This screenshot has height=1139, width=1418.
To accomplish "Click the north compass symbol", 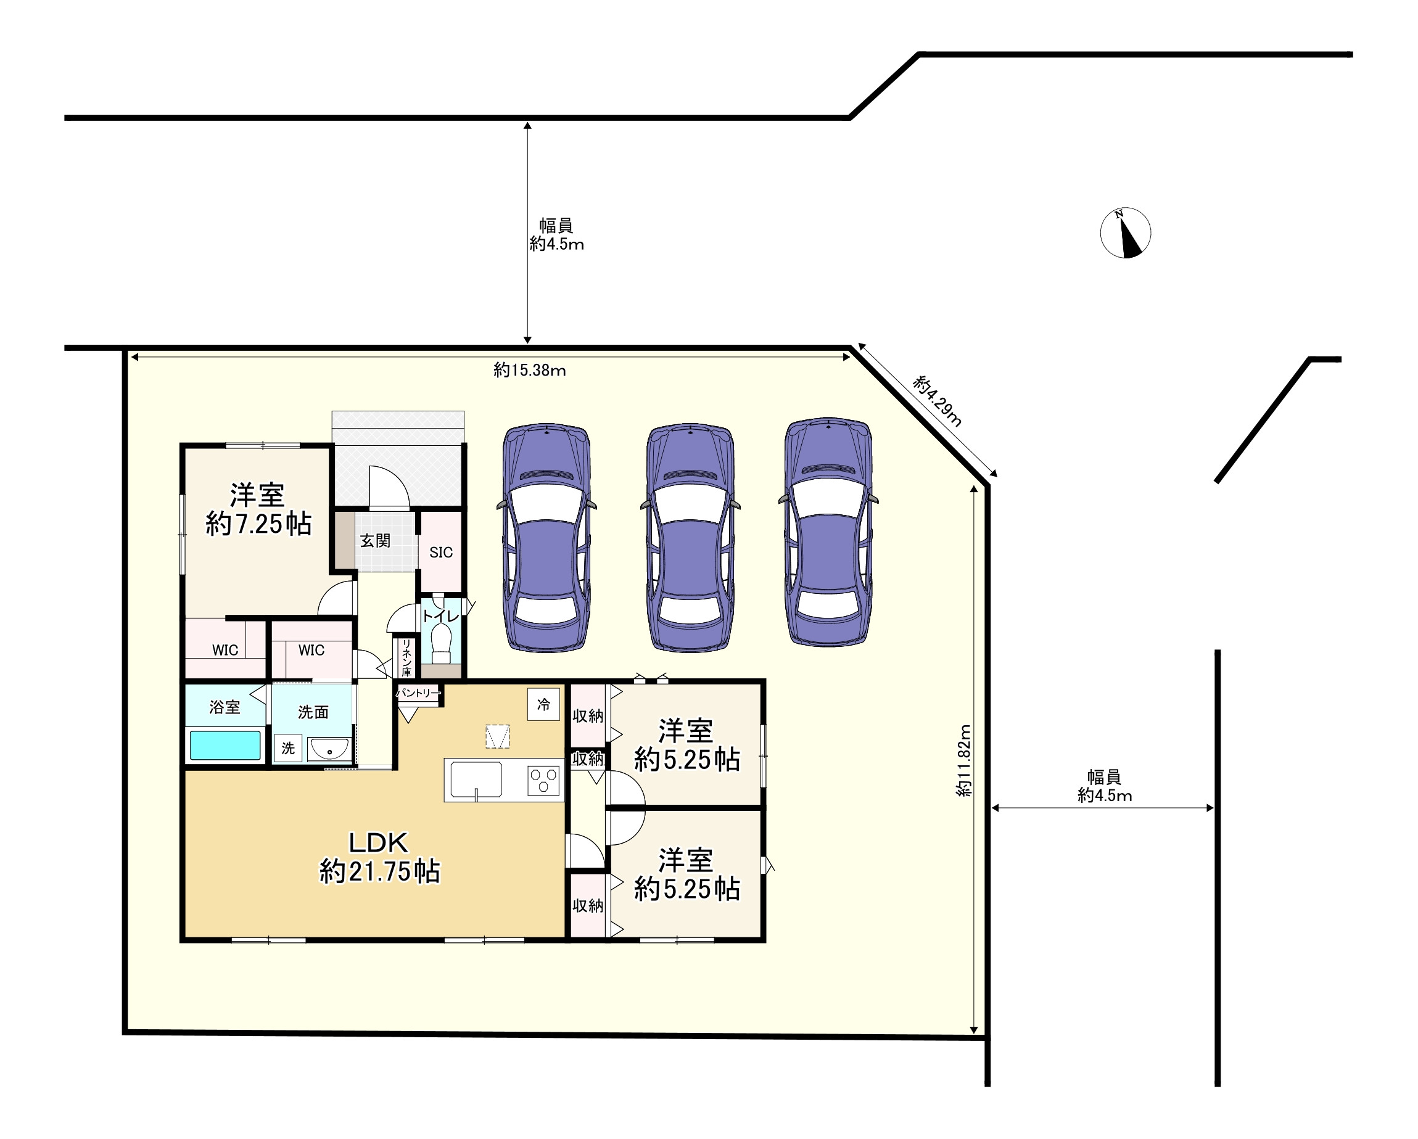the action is pos(1125,233).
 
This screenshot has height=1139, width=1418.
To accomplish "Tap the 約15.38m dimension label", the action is pos(529,370).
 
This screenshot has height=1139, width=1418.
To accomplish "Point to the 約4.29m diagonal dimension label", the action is pos(938,401).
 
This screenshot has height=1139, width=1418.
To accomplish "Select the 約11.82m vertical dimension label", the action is pos(963,761).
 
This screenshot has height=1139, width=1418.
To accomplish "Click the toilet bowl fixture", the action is pos(440,644).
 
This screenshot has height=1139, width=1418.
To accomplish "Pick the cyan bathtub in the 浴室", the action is pos(225,745).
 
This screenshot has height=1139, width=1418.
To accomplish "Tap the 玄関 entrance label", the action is pos(375,541).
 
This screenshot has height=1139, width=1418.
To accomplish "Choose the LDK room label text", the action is pos(378,842).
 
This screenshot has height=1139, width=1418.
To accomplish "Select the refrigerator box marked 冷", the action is pos(543,704).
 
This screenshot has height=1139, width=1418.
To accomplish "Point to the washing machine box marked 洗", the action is pos(287,747).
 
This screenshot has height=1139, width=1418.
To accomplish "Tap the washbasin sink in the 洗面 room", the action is pos(329,750).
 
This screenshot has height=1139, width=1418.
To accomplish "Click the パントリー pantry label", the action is pos(418,693).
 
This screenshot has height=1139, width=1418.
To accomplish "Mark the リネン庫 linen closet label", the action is pos(406,657).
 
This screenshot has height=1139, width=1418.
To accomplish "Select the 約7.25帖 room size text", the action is pos(258,524).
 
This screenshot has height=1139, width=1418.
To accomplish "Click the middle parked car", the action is pos(690,537).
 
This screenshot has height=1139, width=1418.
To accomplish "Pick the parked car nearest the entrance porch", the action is pos(546,538).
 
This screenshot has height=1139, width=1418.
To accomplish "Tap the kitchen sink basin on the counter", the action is pos(476,780).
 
